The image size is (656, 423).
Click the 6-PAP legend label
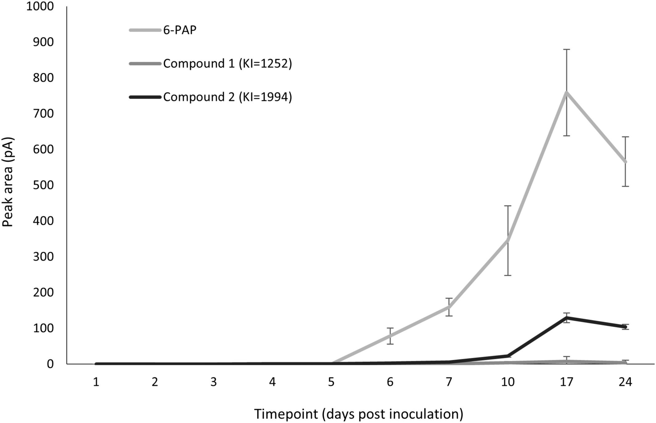point(180,30)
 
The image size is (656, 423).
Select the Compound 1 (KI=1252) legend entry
point(227,63)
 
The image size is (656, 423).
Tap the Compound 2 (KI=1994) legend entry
point(227,97)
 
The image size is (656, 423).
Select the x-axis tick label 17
point(566,382)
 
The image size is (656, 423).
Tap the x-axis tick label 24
point(625,382)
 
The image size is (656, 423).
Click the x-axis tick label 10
point(508,382)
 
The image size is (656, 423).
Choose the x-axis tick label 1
point(96,382)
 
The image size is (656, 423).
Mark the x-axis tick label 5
point(331,382)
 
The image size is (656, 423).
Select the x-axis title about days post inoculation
point(359,414)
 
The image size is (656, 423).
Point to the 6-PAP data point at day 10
point(508,240)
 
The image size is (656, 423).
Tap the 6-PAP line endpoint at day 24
point(625,162)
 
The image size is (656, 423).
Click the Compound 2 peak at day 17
point(567,317)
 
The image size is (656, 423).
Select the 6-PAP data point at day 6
point(390,336)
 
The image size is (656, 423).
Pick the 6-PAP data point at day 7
point(449,307)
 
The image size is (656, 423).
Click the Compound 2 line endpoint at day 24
point(625,327)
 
